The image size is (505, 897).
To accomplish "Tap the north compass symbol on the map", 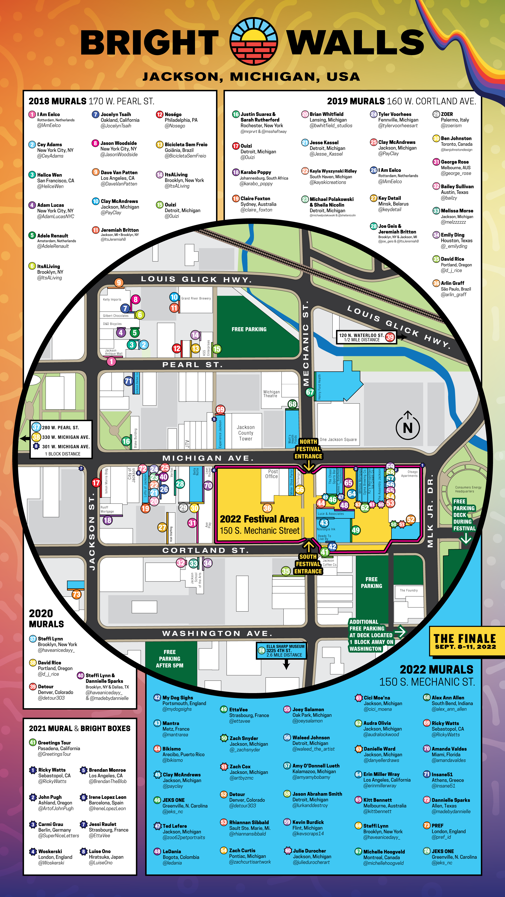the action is [408, 426].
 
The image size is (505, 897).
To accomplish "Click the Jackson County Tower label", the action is [246, 433].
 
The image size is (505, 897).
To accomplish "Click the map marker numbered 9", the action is [119, 282].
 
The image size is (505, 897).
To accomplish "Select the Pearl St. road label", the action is [192, 365].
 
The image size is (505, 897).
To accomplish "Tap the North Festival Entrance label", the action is [308, 449].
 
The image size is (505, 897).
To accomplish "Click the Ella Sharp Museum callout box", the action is [281, 651].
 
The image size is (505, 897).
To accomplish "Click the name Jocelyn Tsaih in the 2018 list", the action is [116, 114].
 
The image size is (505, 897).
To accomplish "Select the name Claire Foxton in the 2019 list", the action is [255, 199].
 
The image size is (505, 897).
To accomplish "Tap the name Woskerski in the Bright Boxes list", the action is [50, 851].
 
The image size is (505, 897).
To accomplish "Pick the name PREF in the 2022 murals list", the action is [437, 825].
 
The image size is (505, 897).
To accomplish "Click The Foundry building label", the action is [408, 590].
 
